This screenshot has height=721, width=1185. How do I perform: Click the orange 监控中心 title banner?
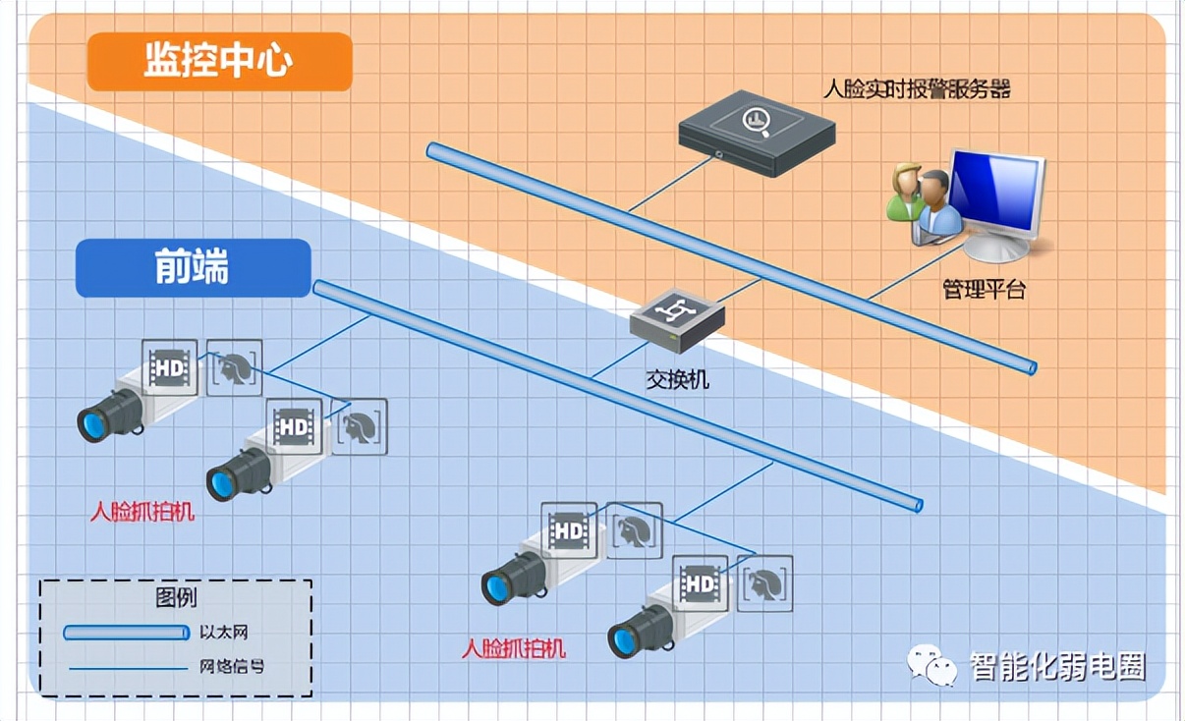(x=219, y=61)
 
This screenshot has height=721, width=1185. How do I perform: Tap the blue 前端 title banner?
(x=193, y=268)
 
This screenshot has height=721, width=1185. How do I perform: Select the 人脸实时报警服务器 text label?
(x=916, y=90)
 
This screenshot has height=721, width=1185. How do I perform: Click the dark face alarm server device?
(x=757, y=133)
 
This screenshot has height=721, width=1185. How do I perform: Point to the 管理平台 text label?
(x=984, y=291)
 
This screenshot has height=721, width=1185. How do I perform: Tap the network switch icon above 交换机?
(x=677, y=320)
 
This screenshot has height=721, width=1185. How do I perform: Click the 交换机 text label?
(x=677, y=378)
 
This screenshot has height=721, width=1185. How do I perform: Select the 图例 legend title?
(x=176, y=597)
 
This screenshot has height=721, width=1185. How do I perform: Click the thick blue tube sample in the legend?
(x=126, y=633)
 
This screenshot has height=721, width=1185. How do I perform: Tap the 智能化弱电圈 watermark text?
(x=1057, y=667)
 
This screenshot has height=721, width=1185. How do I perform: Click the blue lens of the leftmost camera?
(x=93, y=424)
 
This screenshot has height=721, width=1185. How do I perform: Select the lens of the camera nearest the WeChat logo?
(x=623, y=639)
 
